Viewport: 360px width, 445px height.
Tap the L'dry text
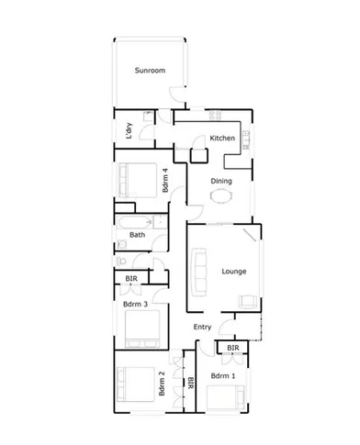point(129,132)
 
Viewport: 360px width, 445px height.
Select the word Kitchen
point(223,139)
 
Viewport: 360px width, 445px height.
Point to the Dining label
point(221,181)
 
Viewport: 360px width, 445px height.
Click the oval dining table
point(221,195)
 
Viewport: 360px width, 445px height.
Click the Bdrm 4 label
point(164,181)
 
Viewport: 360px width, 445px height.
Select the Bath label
point(137,235)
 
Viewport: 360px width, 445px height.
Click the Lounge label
point(233,272)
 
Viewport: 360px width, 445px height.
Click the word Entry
point(203,327)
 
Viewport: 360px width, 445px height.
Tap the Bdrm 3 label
point(136,303)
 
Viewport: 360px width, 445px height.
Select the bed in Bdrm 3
point(141,328)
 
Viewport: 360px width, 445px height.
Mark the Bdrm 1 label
point(222,376)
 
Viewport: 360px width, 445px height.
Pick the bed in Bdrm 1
point(226,396)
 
